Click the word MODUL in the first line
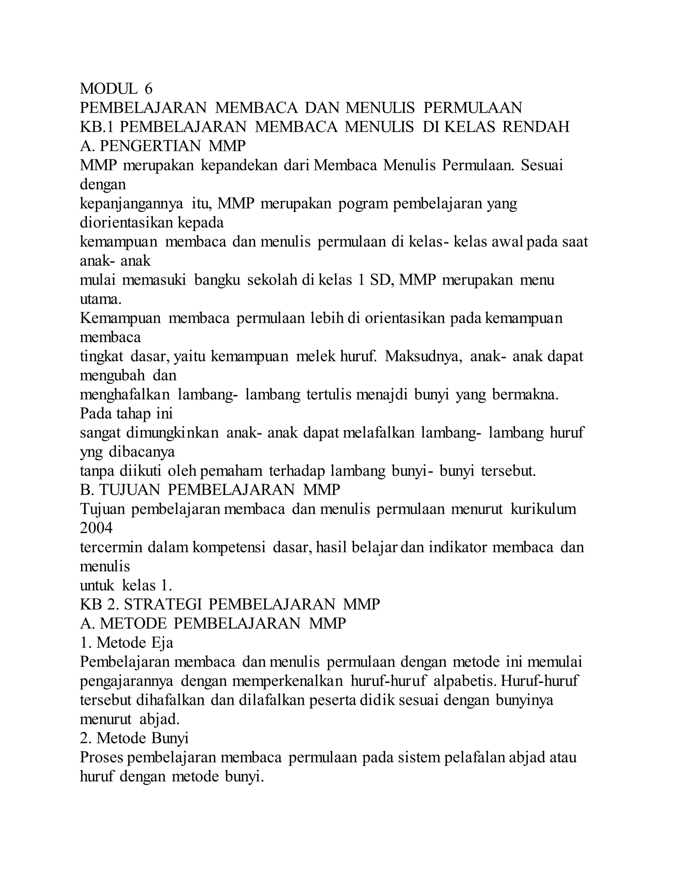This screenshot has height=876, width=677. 108,88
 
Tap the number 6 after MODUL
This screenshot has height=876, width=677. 148,88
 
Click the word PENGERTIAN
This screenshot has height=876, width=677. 150,146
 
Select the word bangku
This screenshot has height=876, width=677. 217,280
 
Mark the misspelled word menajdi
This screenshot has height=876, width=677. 382,395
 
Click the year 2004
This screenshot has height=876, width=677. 96,528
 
